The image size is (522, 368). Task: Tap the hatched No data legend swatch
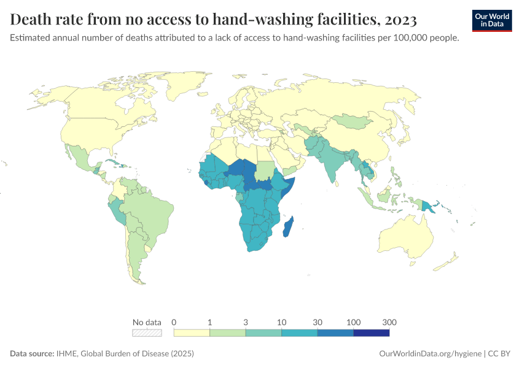click(x=147, y=332)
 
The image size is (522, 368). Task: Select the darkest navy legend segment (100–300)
click(x=371, y=332)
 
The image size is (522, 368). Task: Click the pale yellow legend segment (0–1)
click(x=192, y=332)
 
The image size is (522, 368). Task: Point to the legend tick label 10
click(x=281, y=322)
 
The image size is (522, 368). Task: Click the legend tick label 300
click(x=389, y=322)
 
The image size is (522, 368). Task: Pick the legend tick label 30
click(x=317, y=322)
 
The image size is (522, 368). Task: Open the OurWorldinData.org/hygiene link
click(x=430, y=354)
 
